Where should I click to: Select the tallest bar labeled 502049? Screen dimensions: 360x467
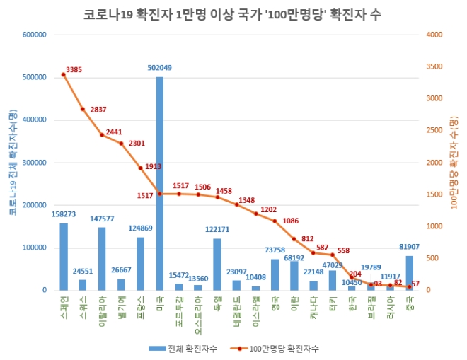pyautogui.click(x=160, y=184)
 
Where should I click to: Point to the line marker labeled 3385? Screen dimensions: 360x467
pyautogui.click(x=64, y=74)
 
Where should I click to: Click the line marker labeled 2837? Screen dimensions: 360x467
pyautogui.click(x=83, y=109)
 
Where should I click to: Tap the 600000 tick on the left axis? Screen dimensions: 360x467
pyautogui.click(x=34, y=35)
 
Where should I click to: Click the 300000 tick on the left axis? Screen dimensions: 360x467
pyautogui.click(x=34, y=163)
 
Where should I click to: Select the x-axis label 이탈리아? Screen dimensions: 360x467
pyautogui.click(x=102, y=309)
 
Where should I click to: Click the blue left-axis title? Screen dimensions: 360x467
pyautogui.click(x=12, y=163)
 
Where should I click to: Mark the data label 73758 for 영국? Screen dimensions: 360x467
pyautogui.click(x=275, y=250)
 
